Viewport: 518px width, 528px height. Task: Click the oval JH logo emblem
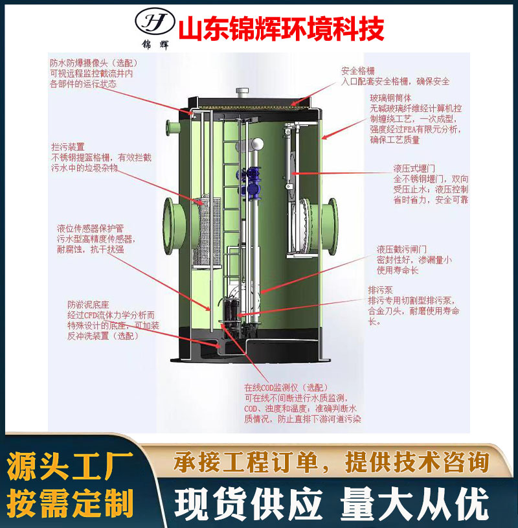(x=155, y=21)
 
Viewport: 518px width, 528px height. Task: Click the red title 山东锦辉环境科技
(x=281, y=30)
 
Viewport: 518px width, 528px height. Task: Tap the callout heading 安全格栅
(x=358, y=71)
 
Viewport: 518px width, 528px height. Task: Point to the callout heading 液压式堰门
(x=414, y=168)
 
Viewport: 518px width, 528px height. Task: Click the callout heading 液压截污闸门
(x=401, y=249)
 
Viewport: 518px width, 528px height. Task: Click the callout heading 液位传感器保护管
(x=90, y=228)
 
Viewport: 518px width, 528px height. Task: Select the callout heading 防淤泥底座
(x=88, y=304)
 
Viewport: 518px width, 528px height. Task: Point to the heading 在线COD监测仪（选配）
(x=286, y=387)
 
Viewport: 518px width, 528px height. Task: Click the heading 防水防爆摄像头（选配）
(x=95, y=63)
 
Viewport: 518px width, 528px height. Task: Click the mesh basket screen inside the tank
(x=207, y=232)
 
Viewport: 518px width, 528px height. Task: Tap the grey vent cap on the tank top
(x=242, y=91)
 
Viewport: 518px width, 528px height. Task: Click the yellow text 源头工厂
(x=70, y=466)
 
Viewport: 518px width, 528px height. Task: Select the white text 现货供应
(x=249, y=504)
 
